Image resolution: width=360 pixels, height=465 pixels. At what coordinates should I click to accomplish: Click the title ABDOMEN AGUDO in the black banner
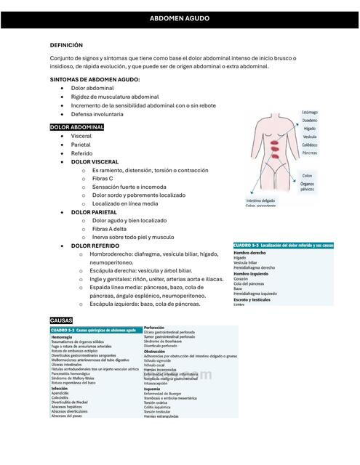pyautogui.click(x=179, y=17)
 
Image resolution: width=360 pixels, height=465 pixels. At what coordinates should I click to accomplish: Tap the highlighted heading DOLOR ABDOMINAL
pyautogui.click(x=77, y=127)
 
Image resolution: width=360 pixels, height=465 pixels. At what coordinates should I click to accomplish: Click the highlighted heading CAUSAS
pyautogui.click(x=61, y=320)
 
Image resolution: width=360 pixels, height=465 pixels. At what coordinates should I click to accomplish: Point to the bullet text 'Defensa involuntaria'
pyautogui.click(x=97, y=114)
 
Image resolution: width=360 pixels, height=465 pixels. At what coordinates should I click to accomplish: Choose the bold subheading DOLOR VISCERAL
pyautogui.click(x=95, y=161)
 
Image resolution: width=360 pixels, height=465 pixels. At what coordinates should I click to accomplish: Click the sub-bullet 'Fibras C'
pyautogui.click(x=103, y=178)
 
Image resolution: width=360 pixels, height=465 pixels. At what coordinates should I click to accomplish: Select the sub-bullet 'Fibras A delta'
pyautogui.click(x=110, y=228)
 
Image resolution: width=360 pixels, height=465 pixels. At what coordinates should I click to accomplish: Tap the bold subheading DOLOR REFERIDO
pyautogui.click(x=95, y=246)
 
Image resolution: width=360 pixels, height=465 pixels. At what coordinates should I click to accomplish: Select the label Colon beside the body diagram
pyautogui.click(x=308, y=175)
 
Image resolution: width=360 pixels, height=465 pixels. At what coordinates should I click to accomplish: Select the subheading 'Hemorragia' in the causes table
pyautogui.click(x=63, y=337)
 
